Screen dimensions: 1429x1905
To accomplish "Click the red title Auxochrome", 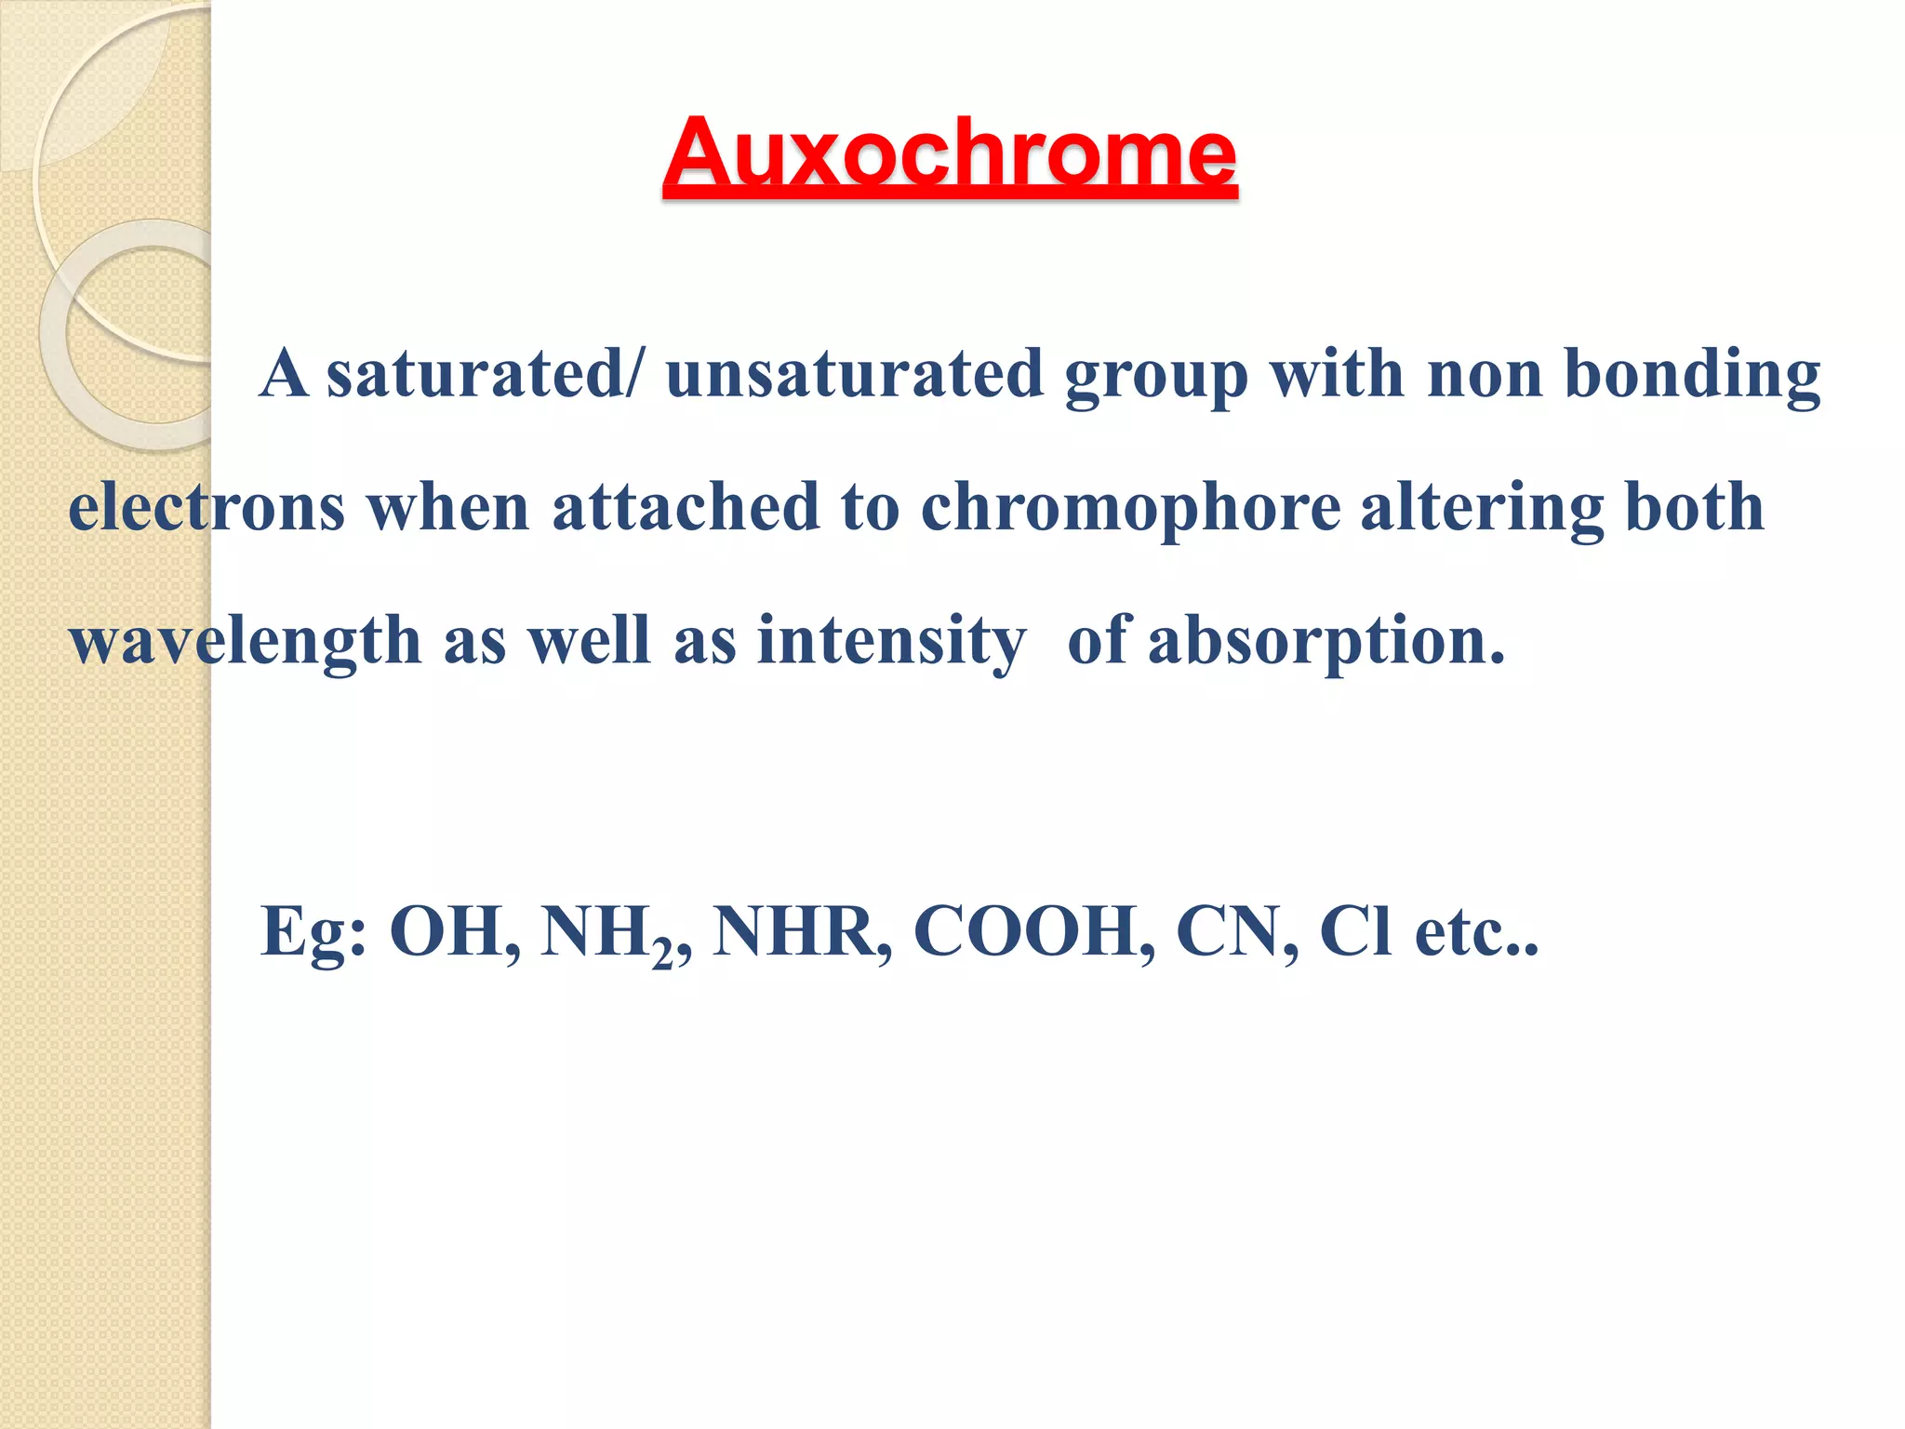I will [950, 154].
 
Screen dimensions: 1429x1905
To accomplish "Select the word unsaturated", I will [855, 374].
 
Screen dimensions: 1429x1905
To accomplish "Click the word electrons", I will [206, 508].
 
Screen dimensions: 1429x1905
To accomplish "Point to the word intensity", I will [891, 642].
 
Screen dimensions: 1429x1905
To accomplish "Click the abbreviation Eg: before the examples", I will [313, 932].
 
